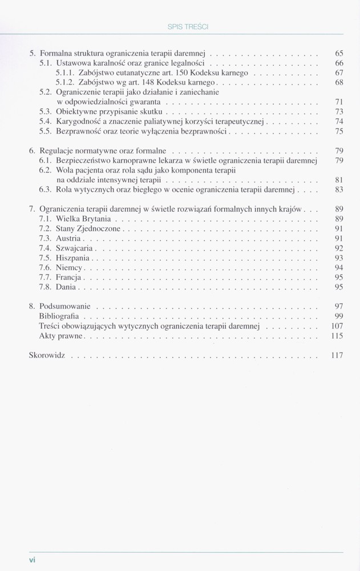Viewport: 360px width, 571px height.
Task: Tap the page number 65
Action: point(339,53)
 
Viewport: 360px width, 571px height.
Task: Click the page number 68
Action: point(339,83)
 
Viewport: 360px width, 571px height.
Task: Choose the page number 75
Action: point(339,131)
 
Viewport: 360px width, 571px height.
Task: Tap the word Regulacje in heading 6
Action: point(55,151)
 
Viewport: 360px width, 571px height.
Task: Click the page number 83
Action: point(339,189)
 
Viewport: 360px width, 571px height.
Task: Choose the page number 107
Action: point(337,326)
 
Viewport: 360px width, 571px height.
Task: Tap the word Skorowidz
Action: point(47,355)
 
